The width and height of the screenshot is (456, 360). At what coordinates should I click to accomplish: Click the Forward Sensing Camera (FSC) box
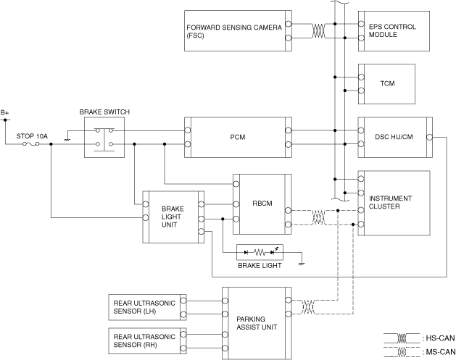tap(238, 31)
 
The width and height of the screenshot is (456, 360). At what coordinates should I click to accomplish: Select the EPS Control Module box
tap(394, 31)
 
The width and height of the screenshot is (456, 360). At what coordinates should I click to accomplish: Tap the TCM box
tap(386, 84)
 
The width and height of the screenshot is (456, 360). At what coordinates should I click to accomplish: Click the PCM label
tap(238, 137)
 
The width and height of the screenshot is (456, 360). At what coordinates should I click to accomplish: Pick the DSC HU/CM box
tap(395, 138)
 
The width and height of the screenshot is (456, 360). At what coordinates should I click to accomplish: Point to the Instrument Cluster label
tap(390, 202)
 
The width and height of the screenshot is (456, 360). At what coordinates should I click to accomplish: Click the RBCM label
tap(262, 204)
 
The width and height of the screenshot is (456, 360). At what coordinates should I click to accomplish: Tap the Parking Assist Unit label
tap(257, 323)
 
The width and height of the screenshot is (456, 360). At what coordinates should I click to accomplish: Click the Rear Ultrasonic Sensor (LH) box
tap(147, 307)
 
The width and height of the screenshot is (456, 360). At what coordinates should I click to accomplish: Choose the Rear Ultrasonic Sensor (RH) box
tap(147, 341)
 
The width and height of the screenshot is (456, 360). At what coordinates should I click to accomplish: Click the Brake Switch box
tap(104, 138)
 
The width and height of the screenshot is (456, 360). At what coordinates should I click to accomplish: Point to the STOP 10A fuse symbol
tap(31, 144)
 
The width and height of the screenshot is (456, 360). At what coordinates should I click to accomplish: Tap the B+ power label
tap(4, 112)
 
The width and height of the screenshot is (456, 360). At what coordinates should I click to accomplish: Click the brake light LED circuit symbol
tap(260, 252)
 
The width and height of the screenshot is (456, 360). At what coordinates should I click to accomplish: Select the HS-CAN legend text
tap(440, 338)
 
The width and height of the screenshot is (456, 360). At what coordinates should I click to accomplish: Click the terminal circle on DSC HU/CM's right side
tap(429, 137)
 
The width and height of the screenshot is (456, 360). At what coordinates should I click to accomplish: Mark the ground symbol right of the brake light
tap(302, 264)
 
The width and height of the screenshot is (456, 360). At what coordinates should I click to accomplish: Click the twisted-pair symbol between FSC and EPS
tap(318, 31)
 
